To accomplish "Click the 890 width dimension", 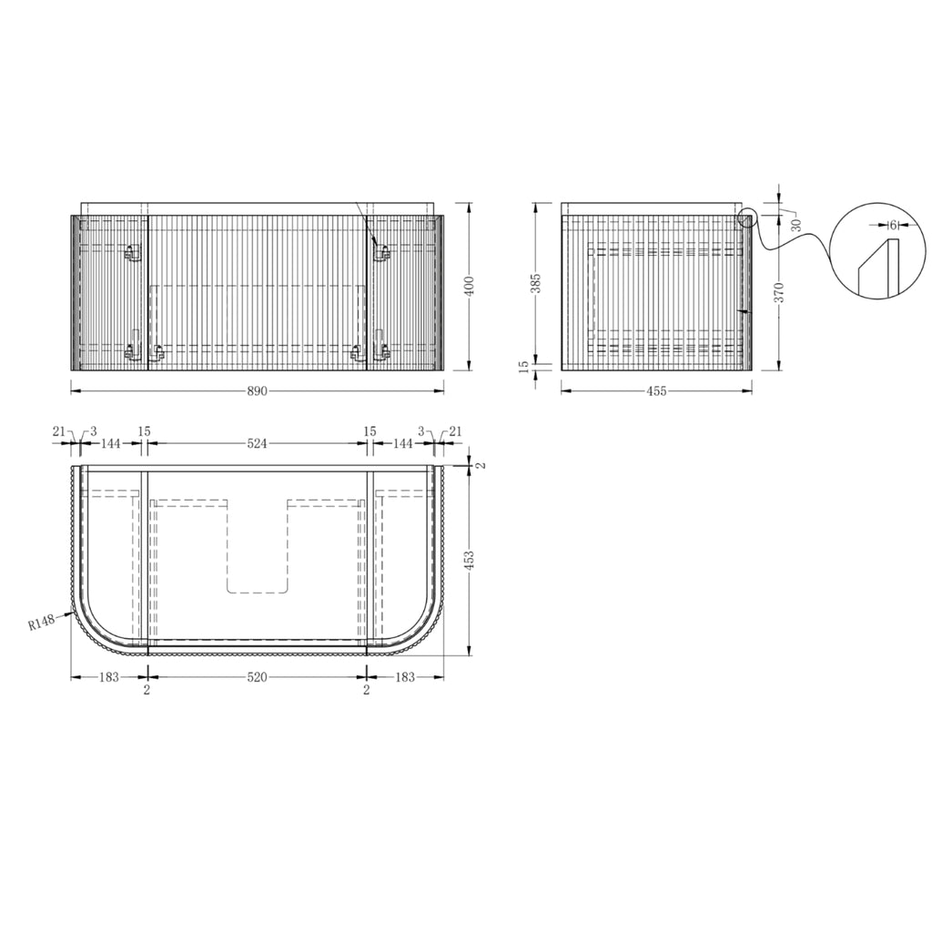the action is click(x=257, y=391).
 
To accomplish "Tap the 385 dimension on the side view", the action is click(x=535, y=284).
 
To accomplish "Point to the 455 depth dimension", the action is click(x=656, y=391).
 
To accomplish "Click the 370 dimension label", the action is click(x=780, y=292).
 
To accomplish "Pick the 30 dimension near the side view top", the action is click(x=796, y=225).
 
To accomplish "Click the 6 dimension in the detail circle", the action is click(x=893, y=226).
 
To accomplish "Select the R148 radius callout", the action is click(x=42, y=623).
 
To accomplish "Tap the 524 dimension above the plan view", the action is click(x=257, y=443).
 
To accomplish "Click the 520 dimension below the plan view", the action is click(x=257, y=677).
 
